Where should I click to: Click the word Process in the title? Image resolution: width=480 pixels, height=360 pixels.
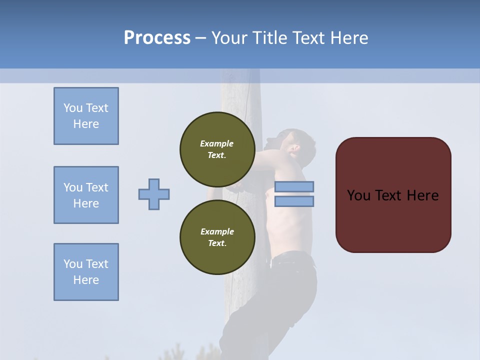point(157,38)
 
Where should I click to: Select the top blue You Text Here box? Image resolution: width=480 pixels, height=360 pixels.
point(86,116)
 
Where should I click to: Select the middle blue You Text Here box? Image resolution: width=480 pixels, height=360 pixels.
point(86,195)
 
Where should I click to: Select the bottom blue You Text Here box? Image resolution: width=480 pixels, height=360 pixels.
point(86,272)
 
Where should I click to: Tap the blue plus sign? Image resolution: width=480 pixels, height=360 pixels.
point(154,194)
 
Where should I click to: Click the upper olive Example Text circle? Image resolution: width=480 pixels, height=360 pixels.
point(217,149)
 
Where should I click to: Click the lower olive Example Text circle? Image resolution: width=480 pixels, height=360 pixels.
point(217,237)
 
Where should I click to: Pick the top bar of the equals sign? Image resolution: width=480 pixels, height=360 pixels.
point(294,187)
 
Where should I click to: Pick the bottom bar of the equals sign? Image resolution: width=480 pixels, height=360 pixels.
point(294,201)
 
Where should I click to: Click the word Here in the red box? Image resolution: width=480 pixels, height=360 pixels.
point(422,195)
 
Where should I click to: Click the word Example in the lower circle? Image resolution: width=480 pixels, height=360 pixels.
point(217,231)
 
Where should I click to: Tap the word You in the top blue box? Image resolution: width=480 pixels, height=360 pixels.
point(72,108)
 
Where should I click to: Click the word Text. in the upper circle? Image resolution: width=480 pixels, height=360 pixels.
point(217,155)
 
